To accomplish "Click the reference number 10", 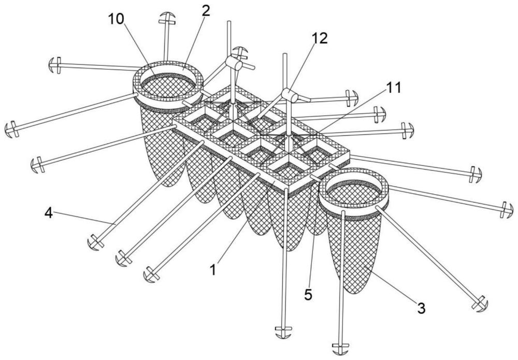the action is click(x=116, y=19).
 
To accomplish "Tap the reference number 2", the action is click(x=206, y=11).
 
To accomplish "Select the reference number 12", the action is click(x=320, y=39).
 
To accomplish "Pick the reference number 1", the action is click(x=214, y=270).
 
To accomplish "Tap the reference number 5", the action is click(x=308, y=295).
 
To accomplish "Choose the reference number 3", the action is click(x=421, y=309).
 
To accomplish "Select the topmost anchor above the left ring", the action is click(x=167, y=19).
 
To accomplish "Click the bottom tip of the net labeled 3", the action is click(x=354, y=294).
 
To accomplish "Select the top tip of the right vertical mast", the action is click(x=285, y=54).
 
